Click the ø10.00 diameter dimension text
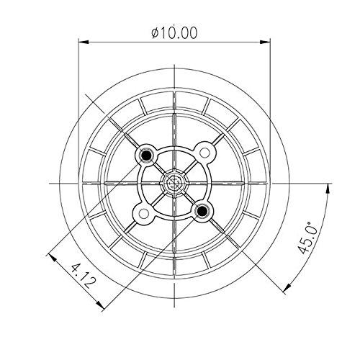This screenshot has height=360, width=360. click(x=176, y=32)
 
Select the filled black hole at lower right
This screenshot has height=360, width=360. click(x=203, y=210)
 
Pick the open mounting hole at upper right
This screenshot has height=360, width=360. click(x=205, y=153)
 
